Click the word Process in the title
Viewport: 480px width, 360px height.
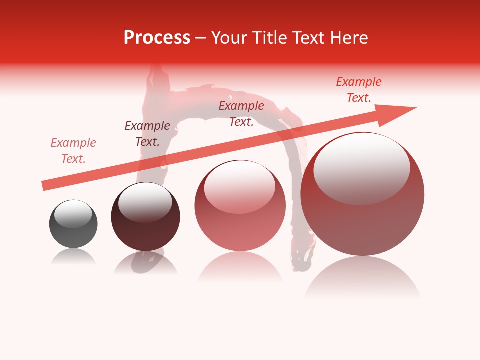coord(157,38)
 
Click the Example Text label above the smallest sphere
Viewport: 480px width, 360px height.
coord(73,151)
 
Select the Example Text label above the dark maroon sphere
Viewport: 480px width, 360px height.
coord(147,134)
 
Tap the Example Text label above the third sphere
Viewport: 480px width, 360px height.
coord(241,114)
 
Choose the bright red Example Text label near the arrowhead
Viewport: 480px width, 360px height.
coord(359,90)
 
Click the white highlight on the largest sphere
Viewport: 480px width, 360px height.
coord(361,169)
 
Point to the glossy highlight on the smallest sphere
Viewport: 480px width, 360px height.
coord(73,214)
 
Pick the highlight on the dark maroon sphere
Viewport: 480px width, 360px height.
coord(145,202)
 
